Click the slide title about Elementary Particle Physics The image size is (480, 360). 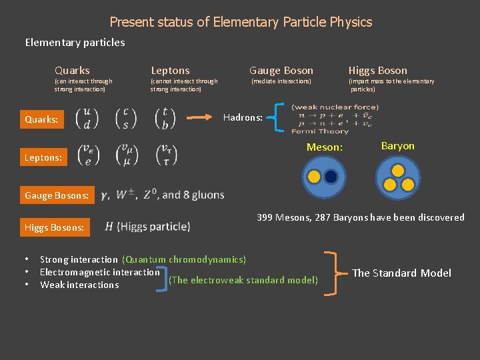pyautogui.click(x=241, y=22)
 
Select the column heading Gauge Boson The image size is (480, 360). pyautogui.click(x=281, y=70)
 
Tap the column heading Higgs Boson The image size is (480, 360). pyautogui.click(x=377, y=70)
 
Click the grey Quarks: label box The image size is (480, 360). pyautogui.click(x=41, y=120)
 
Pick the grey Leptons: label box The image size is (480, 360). pyautogui.click(x=43, y=157)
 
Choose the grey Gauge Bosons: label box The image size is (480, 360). pyautogui.click(x=57, y=195)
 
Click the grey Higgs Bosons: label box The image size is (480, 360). pyautogui.click(x=55, y=227)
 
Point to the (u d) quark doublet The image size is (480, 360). pyautogui.click(x=88, y=118)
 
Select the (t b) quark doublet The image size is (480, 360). pyautogui.click(x=164, y=118)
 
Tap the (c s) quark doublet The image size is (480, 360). pyautogui.click(x=126, y=118)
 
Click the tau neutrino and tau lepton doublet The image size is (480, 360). pyautogui.click(x=164, y=155)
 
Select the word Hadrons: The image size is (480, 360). pyautogui.click(x=243, y=117)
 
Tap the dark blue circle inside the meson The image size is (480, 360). pyautogui.click(x=331, y=177)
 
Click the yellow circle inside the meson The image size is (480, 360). pyautogui.click(x=314, y=177)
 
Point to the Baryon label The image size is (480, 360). pyautogui.click(x=397, y=145)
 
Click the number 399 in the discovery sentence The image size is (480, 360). pyautogui.click(x=265, y=217)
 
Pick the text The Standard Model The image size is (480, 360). pyautogui.click(x=401, y=273)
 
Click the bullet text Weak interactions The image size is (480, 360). pyautogui.click(x=79, y=285)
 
